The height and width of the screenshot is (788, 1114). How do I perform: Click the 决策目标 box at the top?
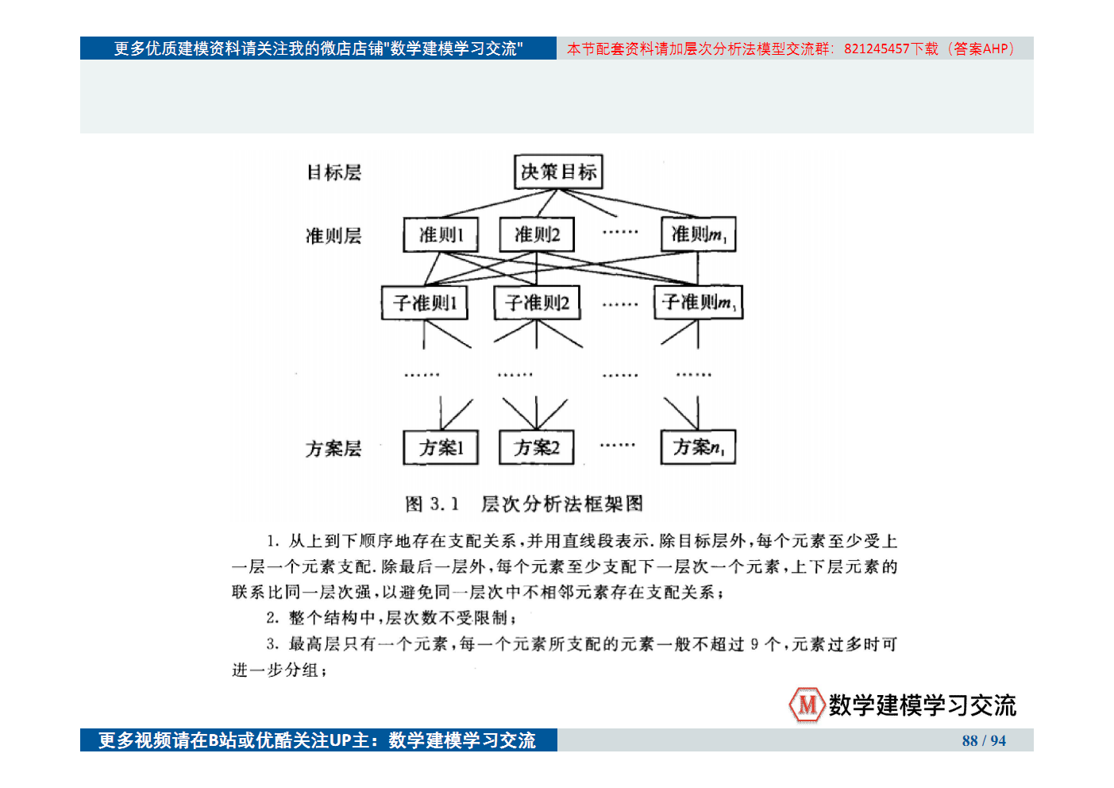pos(558,172)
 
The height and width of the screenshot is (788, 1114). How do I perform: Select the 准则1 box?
pos(441,234)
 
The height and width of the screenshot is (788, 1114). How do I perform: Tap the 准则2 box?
pos(537,234)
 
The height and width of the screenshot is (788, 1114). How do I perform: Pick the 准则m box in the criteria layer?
pos(699,234)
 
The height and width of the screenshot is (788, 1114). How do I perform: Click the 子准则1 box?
pos(425,303)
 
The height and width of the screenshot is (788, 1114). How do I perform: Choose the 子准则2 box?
pos(537,303)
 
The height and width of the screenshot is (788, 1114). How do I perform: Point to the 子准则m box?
pos(699,303)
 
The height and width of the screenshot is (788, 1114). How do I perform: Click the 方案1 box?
pos(441,448)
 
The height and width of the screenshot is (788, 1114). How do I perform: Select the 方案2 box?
pos(537,448)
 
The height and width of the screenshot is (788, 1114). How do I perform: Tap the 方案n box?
pos(699,448)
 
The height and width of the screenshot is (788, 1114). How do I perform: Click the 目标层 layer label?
pos(333,172)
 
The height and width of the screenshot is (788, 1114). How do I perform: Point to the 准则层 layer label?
pos(333,236)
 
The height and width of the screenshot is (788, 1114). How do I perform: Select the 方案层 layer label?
pos(333,449)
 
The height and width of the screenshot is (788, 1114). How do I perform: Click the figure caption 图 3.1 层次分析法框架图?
pos(524,504)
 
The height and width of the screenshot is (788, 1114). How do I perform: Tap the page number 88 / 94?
pos(984,740)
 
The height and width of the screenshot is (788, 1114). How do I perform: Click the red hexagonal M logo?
pos(807,705)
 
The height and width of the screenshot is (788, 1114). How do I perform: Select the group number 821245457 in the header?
pos(877,48)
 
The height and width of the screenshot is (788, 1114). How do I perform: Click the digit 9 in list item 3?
pos(754,644)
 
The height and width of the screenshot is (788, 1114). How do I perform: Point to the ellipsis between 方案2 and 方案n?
pos(618,446)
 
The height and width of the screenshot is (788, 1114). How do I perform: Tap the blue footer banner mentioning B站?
pos(318,740)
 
